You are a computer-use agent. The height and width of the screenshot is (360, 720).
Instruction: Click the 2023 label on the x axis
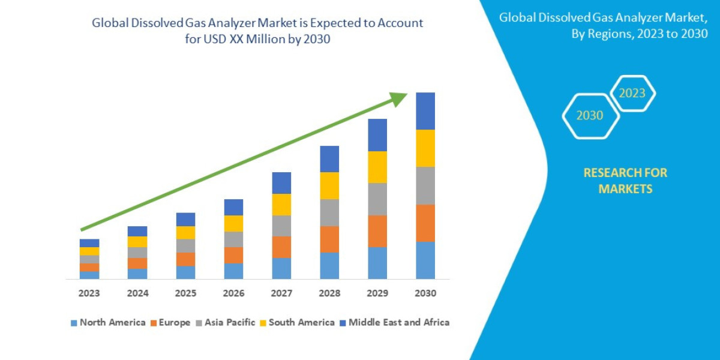pos(89,293)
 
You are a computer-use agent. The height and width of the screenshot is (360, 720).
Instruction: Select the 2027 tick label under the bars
pos(281,293)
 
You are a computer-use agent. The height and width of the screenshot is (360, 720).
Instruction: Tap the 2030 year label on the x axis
pos(425,293)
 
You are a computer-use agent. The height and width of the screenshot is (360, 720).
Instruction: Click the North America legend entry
pos(108,322)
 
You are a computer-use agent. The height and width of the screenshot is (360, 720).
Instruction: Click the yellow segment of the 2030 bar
pos(425,148)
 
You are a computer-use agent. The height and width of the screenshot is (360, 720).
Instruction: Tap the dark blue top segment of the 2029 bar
pos(377,135)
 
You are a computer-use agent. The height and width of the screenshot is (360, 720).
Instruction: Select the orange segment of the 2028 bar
pos(329,239)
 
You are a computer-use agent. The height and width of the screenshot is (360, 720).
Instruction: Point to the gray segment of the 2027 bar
pos(281,226)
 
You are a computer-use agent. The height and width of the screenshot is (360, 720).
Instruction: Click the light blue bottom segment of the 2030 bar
pos(425,260)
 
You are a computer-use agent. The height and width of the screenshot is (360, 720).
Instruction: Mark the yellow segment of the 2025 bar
pos(185,232)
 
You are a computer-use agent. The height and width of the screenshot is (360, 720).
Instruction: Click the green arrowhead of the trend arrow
pos(398,98)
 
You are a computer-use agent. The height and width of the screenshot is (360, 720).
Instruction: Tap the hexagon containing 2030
pos(590,116)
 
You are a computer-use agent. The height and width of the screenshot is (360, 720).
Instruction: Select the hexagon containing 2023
pos(632,93)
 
